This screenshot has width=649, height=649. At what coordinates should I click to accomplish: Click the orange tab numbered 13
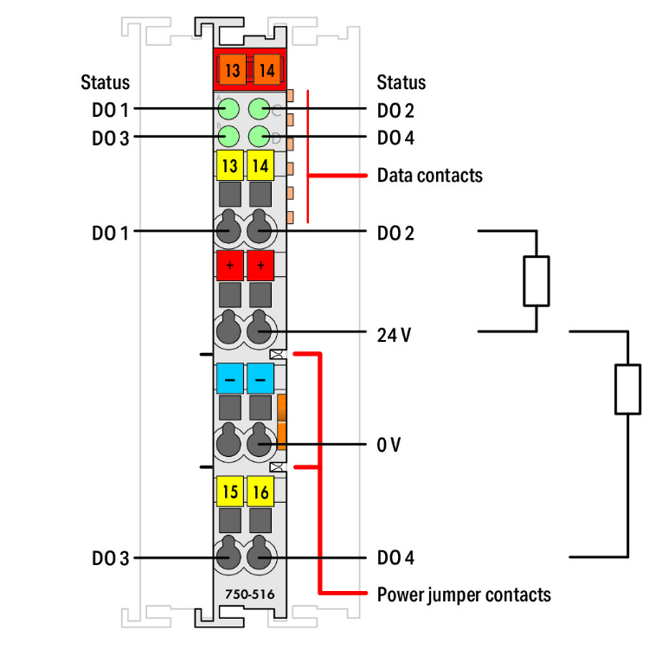point(230,70)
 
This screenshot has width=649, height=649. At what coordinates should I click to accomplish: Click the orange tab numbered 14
point(265,70)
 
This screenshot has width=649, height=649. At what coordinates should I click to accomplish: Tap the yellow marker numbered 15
point(230,492)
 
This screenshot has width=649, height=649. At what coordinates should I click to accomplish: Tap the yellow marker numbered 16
point(260,492)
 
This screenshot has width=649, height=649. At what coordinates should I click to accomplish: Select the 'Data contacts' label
point(429,176)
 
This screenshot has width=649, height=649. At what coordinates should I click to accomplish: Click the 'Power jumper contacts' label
point(464,594)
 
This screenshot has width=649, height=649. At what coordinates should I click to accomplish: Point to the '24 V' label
point(394,335)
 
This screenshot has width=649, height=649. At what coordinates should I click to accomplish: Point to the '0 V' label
point(389,445)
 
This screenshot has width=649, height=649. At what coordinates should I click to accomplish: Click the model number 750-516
point(246,595)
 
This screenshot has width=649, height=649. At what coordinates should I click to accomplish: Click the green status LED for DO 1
point(229,109)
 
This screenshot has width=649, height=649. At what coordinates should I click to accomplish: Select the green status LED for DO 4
point(259,136)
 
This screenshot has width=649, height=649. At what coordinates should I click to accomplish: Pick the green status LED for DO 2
point(259,109)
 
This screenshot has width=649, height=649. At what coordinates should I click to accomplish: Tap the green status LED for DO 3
point(229,136)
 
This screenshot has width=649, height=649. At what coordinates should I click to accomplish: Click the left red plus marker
point(230,265)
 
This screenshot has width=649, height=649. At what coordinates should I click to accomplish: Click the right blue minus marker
point(260,378)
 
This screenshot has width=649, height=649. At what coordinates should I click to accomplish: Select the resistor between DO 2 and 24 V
point(537,281)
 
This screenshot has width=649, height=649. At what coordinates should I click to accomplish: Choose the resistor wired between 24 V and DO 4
point(627,389)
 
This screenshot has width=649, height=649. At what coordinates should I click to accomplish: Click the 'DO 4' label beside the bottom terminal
point(395,558)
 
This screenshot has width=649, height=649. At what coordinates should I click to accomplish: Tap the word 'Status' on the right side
point(402,83)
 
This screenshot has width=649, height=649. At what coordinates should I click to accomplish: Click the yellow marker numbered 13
point(230,165)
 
